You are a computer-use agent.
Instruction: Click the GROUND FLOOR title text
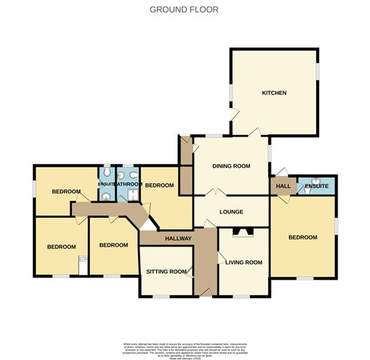[185, 9]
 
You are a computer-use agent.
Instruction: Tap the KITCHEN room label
[274, 93]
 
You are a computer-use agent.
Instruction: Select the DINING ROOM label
[231, 166]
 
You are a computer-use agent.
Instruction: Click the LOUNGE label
[231, 212]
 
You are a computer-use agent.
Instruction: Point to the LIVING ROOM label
[244, 262]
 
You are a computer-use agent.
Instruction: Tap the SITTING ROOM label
[166, 272]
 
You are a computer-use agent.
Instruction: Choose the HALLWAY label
[178, 239]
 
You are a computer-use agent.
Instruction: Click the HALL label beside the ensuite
[283, 186]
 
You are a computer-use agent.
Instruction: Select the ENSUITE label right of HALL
[317, 186]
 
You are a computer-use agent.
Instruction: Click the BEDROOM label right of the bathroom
[159, 185]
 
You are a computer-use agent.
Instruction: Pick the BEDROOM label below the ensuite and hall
[302, 237]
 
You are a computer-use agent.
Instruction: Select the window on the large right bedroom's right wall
[336, 226]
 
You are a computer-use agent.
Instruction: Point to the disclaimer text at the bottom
[185, 348]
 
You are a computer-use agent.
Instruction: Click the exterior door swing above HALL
[282, 171]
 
